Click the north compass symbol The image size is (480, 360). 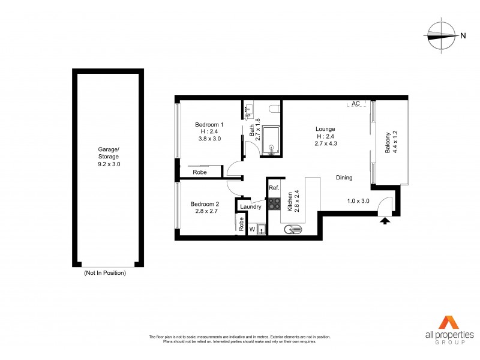point(442,35)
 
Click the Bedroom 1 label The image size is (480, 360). point(209,125)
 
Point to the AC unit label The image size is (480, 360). point(356,104)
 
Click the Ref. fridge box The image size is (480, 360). point(274,188)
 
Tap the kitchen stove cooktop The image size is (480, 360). point(275,204)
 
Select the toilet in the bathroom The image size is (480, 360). point(274,110)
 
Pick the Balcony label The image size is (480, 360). point(388,143)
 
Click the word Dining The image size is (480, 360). point(344,178)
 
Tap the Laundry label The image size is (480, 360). point(250,207)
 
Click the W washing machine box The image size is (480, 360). point(252,229)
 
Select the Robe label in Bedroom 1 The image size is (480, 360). point(200,173)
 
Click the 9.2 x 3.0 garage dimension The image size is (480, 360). point(109,163)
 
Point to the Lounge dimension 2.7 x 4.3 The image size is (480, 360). point(326,145)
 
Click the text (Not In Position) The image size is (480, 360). point(105,273)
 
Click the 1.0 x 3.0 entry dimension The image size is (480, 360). point(358,201)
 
